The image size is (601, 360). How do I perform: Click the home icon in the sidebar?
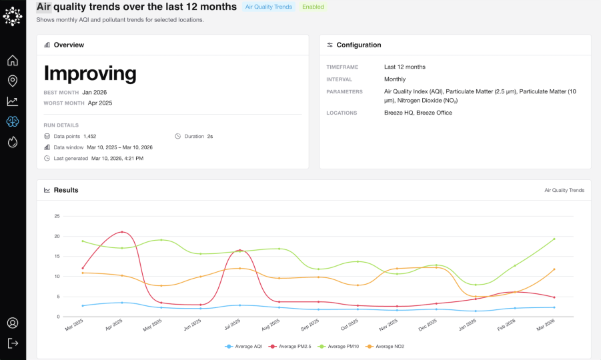click(13, 61)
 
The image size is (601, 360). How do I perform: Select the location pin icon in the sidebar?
click(13, 81)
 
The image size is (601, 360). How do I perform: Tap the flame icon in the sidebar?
click(13, 142)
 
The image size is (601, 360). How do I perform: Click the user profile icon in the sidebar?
click(13, 323)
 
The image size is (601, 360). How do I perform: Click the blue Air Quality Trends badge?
click(269, 7)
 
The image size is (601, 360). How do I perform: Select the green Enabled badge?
click(313, 7)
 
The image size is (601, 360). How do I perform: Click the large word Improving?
click(90, 73)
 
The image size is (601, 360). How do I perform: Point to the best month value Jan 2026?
click(95, 92)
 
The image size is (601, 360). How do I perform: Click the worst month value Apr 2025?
click(100, 103)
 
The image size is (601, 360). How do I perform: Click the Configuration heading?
click(359, 45)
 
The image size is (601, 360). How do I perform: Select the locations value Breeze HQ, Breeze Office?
click(418, 113)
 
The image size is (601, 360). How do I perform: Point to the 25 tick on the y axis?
click(57, 216)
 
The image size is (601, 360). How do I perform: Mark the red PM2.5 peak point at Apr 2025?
click(121, 232)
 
